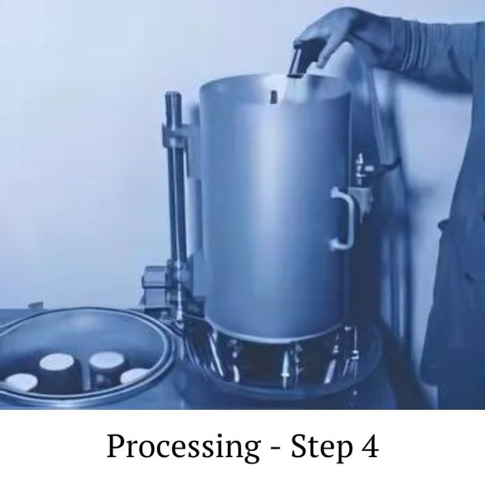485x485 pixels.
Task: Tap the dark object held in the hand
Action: click(x=298, y=60)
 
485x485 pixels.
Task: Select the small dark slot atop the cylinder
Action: click(x=273, y=96)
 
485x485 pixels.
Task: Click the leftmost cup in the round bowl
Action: click(x=21, y=383)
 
